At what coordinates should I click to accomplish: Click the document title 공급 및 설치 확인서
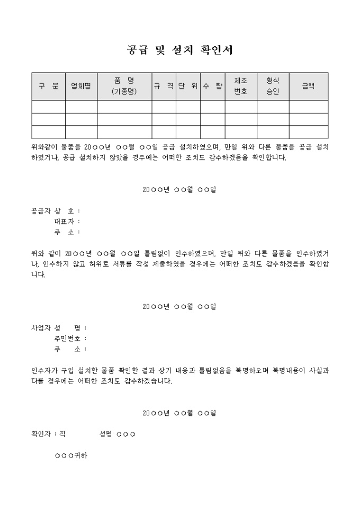pos(180,50)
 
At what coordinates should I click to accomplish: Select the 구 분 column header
pos(48,86)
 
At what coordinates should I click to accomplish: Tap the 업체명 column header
pos(81,86)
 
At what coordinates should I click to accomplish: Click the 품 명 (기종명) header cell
pos(124,86)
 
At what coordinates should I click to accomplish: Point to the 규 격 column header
pos(164,86)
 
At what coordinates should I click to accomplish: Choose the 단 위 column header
pos(188,86)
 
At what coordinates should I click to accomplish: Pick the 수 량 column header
pos(213,86)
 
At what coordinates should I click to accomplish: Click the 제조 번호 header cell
pos(241,86)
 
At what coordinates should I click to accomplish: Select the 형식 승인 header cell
pos(273,86)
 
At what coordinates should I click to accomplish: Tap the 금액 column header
pos(308,86)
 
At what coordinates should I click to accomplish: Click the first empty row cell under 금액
pos(308,106)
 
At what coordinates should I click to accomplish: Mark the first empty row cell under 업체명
pos(81,106)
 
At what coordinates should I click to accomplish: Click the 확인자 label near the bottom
pos(42,434)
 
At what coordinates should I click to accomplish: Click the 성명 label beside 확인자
pos(106,434)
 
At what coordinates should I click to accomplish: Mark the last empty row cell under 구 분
pos(48,132)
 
